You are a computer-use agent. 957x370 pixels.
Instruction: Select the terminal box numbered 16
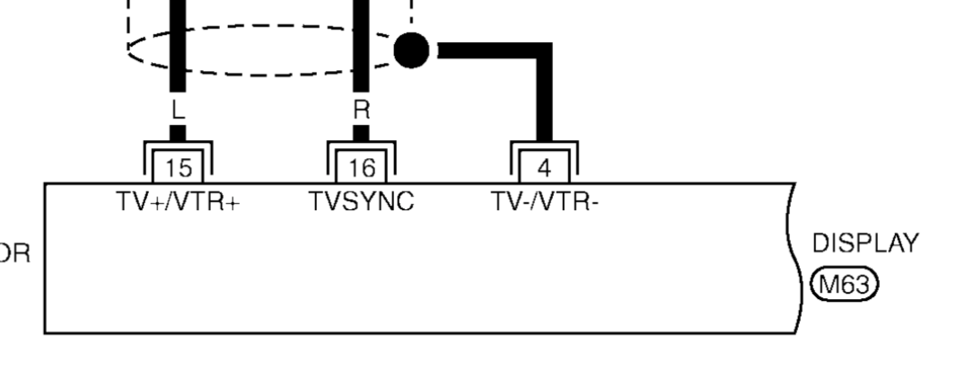click(361, 168)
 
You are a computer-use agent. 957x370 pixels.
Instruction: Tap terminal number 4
click(544, 168)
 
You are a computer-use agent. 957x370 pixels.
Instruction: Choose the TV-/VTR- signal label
click(544, 202)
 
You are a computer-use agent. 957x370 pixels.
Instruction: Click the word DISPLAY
click(865, 243)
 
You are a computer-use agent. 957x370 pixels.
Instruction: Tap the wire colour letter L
click(177, 110)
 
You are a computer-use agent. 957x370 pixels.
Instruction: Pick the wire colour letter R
click(361, 110)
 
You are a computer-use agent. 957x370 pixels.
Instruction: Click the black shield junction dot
click(412, 49)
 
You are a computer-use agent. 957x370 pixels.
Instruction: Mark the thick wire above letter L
click(177, 45)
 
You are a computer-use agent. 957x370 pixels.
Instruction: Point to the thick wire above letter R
click(361, 45)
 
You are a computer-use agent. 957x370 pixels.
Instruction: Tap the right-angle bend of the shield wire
click(544, 51)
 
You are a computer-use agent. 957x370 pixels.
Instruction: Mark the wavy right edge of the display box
click(791, 260)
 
